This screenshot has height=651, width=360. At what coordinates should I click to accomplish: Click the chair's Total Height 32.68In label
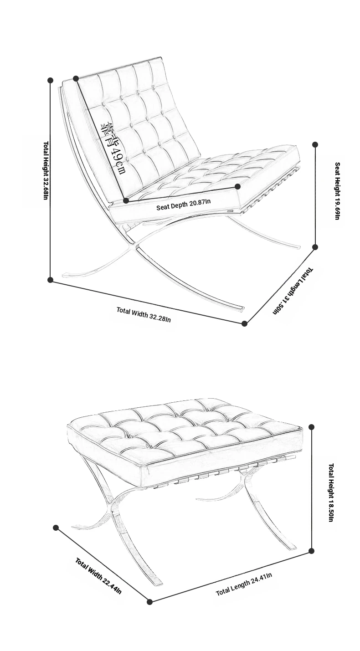coord(46,170)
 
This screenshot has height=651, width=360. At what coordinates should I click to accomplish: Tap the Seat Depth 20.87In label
coord(183,204)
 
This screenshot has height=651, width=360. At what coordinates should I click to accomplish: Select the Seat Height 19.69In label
coord(337,191)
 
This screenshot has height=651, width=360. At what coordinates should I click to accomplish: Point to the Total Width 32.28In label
coord(144,315)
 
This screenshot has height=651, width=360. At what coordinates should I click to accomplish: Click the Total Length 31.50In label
coord(293,291)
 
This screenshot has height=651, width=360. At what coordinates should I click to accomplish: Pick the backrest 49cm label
coord(113,149)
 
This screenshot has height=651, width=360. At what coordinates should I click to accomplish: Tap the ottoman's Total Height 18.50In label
coord(331,492)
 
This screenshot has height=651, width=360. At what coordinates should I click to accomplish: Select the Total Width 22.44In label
coord(98,576)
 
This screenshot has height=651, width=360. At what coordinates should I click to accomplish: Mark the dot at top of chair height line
coord(50,80)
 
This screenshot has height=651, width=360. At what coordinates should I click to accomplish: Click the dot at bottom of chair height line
coord(50,280)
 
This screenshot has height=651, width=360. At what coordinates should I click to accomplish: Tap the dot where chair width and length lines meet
coord(245,323)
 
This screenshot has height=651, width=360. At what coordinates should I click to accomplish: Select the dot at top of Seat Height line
coord(315,144)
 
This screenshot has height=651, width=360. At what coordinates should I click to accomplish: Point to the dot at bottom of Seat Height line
coord(315,247)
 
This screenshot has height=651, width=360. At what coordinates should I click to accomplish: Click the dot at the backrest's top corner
coord(76,78)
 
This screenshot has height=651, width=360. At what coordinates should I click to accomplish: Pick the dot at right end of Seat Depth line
coord(237,186)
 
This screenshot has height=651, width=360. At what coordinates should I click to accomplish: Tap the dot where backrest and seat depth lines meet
coord(126,200)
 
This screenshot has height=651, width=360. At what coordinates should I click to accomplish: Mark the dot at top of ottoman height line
coord(312,427)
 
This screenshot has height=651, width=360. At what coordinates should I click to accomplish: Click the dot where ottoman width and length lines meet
coord(149,602)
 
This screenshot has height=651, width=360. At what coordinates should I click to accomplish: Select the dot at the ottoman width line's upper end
coord(56,528)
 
